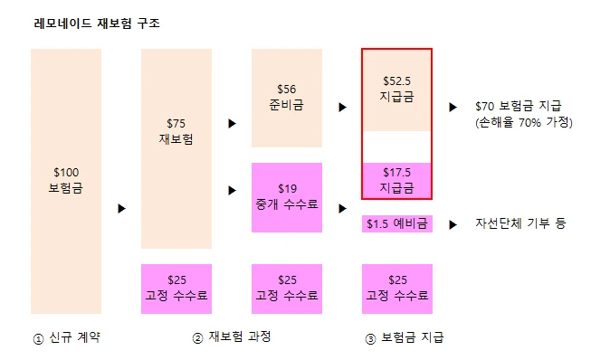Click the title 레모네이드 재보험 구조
pos(97,24)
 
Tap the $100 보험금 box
pos(66,181)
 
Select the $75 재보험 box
pos(176,148)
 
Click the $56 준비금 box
pos(287,98)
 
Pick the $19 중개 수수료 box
pos(287,197)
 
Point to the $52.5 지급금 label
pos(397,89)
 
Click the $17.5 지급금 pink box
pos(397,180)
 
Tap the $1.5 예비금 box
pos(397,223)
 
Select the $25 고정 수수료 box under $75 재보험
pos(176,289)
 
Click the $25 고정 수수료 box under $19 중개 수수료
pos(287,289)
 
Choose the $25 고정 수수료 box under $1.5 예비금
pos(397,289)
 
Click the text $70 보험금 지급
pos(519,106)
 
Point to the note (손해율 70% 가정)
pos(524,122)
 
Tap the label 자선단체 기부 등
pos(520,223)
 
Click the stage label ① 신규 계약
pos(67,337)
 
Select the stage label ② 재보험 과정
pos(232,337)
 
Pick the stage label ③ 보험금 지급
pos(405,337)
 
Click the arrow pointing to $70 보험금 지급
pos(453,108)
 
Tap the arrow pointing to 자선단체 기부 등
pos(453,225)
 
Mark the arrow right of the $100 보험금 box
pos(122,208)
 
